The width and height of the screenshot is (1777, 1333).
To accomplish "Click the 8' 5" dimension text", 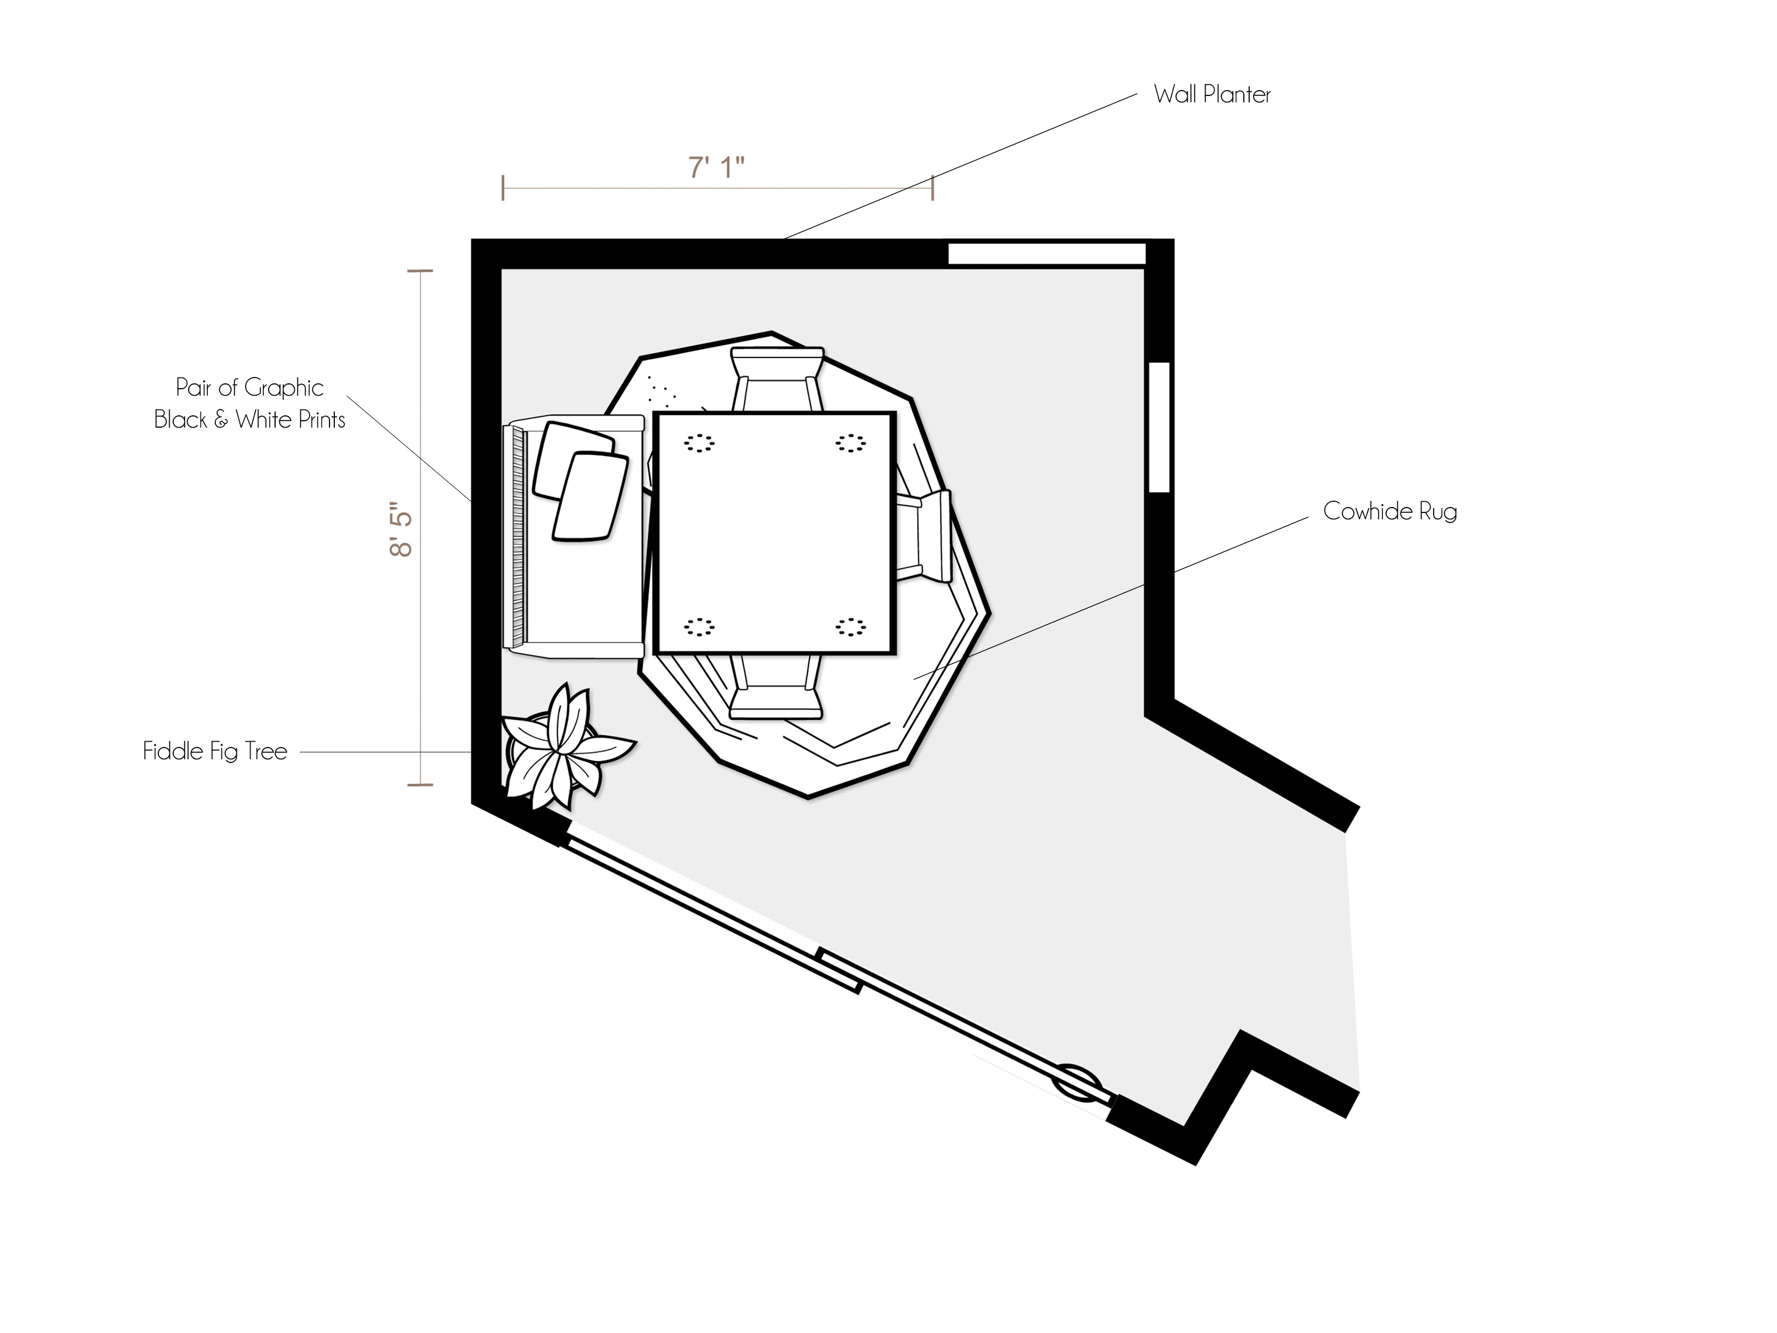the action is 401,529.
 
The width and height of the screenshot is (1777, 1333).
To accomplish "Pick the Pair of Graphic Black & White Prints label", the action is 250,403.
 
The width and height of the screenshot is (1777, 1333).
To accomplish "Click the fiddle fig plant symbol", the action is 566,747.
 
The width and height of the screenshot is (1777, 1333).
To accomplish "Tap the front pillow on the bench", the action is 590,496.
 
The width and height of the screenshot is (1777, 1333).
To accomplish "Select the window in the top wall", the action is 1047,254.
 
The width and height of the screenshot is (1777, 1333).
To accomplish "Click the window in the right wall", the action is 1159,428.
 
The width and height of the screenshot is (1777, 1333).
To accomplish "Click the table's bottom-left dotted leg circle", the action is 699,627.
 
